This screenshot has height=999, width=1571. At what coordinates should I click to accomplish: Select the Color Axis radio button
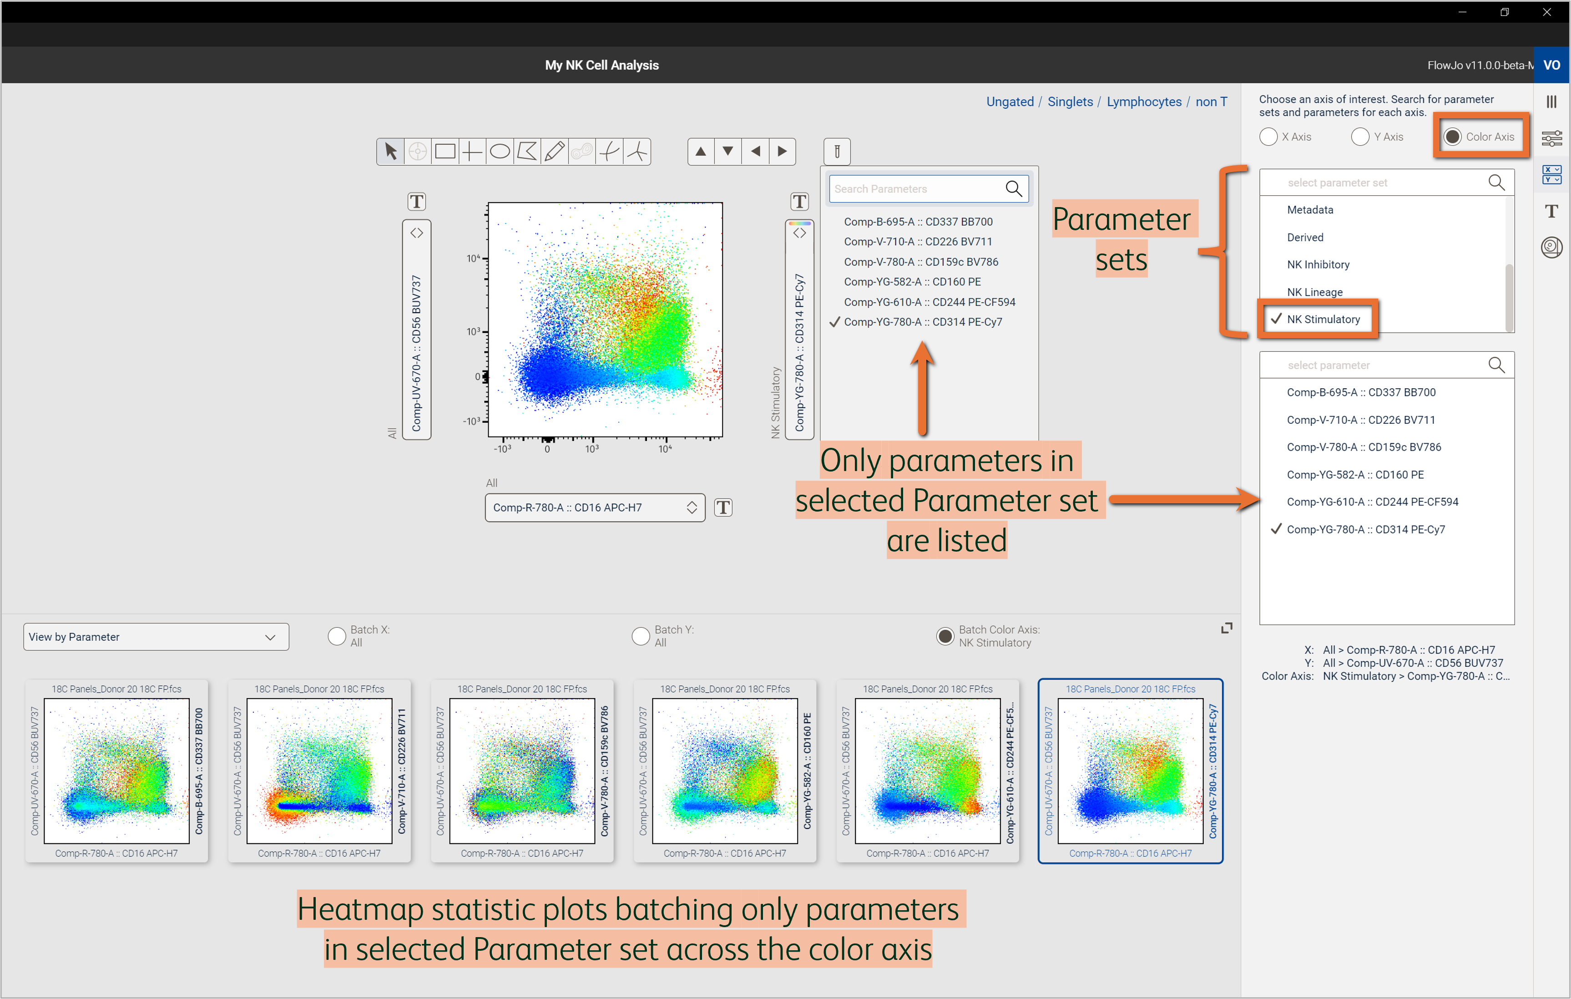pos(1452,137)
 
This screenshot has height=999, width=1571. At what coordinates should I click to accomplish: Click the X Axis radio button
pos(1268,137)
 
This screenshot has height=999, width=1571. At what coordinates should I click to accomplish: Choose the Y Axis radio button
pos(1360,137)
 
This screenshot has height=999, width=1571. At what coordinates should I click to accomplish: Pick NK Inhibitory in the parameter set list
pos(1318,264)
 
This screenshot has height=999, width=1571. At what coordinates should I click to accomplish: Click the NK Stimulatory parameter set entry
pos(1323,319)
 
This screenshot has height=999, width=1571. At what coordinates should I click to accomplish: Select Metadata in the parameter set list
pos(1310,209)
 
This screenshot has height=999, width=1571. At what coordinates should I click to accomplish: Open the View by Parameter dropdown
pos(156,637)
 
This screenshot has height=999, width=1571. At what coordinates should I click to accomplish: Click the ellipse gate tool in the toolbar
pos(500,152)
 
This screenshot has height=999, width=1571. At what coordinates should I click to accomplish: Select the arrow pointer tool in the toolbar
pos(390,152)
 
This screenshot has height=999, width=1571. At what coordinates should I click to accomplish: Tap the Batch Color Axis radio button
pos(945,636)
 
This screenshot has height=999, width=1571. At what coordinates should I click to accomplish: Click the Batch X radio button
pos(337,636)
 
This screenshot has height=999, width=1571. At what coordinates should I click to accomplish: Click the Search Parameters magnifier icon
pos(1013,188)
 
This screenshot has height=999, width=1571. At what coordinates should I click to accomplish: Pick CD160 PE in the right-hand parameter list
pos(1355,474)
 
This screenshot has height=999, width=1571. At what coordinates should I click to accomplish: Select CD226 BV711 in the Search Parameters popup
pos(917,241)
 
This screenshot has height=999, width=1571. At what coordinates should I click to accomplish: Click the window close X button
pos(1547,12)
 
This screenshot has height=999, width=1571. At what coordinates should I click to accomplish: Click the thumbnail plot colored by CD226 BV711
pos(319,771)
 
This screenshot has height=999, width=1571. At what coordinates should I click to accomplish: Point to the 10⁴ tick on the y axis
pos(474,259)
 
